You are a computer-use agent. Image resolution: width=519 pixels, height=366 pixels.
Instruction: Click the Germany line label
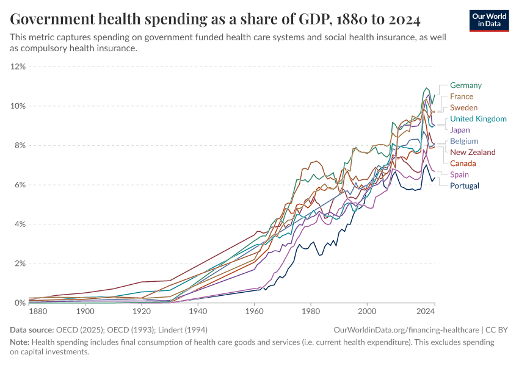[x=465, y=85]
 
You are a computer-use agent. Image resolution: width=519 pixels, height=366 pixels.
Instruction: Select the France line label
[x=461, y=96]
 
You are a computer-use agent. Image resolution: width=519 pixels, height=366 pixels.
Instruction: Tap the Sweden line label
[x=463, y=107]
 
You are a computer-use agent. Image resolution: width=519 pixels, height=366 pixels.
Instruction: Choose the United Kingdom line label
[x=478, y=119]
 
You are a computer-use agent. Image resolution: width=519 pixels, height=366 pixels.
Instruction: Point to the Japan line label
[x=460, y=130]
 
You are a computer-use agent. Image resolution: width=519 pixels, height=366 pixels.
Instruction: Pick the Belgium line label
[x=463, y=141]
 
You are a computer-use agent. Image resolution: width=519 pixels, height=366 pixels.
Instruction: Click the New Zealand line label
[x=473, y=152]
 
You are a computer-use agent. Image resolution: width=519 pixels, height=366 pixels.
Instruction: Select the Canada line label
[x=463, y=163]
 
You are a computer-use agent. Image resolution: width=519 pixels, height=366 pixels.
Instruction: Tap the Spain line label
[x=459, y=174]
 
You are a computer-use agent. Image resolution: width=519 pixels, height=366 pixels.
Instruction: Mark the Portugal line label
[x=464, y=185]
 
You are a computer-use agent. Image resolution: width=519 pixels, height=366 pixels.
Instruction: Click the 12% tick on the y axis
[x=18, y=66]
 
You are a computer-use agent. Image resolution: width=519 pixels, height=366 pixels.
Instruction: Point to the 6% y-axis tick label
[x=20, y=185]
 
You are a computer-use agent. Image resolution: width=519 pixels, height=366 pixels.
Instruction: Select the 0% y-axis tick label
[x=20, y=303]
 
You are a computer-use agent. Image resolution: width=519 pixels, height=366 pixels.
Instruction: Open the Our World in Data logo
[x=489, y=20]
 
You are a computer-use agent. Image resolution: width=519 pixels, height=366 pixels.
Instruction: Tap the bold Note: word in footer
[x=21, y=342]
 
